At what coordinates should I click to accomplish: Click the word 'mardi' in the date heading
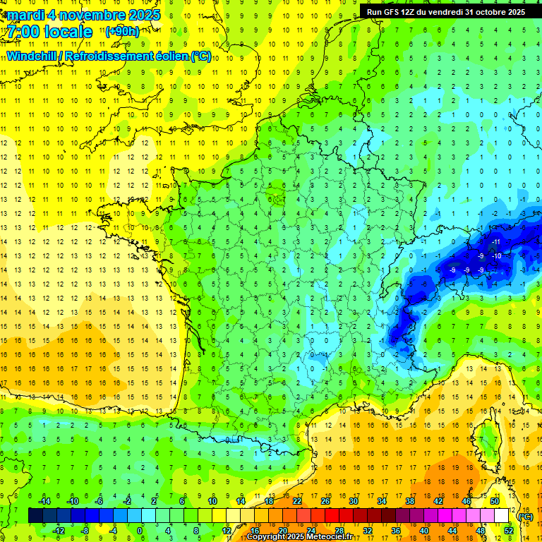25,15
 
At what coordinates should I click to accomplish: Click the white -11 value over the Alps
496,242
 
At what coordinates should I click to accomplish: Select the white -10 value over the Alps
497,255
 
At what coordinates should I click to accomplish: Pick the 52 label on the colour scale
509,531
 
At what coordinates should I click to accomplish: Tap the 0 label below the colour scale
140,531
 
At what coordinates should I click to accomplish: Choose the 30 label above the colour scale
353,500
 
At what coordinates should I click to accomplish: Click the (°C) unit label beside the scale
525,517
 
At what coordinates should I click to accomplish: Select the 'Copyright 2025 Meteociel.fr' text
299,537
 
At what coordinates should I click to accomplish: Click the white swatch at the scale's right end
502,516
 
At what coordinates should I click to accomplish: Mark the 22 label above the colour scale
297,500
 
